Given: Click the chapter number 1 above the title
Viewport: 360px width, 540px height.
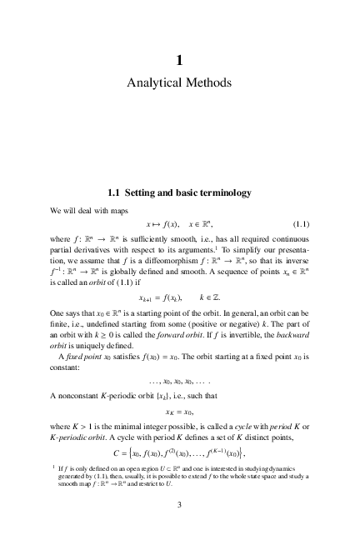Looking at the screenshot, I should tap(179, 60).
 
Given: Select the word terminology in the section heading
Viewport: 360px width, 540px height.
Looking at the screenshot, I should tap(217, 193).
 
